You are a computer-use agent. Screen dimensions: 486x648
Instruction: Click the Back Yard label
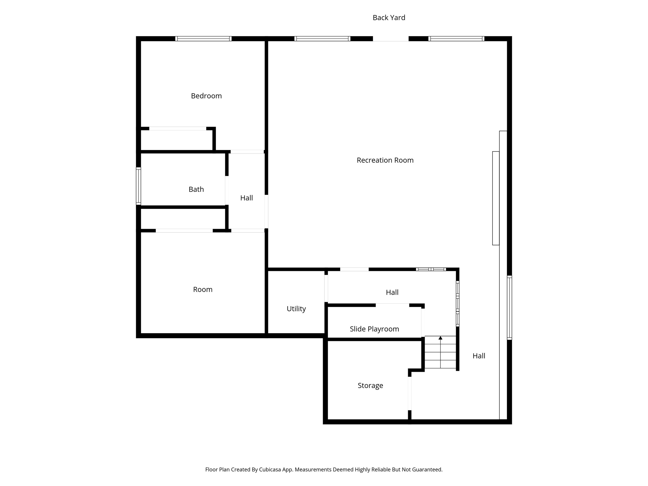(x=389, y=18)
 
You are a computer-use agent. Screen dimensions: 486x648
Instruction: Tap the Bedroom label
(x=206, y=96)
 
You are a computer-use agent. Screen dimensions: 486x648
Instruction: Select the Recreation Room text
(x=385, y=160)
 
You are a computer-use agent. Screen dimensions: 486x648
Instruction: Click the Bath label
(x=196, y=189)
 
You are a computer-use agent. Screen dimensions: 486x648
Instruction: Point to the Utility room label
(x=296, y=309)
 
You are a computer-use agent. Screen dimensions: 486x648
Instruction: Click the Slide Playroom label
(x=374, y=329)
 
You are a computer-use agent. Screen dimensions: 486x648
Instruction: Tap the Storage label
(x=370, y=385)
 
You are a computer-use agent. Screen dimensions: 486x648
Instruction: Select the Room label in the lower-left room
(x=202, y=290)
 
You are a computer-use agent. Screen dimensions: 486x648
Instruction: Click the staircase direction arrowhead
(x=440, y=338)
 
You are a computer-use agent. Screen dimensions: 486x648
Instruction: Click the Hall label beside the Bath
(x=246, y=198)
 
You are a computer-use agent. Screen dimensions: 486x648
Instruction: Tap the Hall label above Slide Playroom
(x=392, y=292)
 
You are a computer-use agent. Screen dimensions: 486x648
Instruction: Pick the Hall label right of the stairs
(x=479, y=356)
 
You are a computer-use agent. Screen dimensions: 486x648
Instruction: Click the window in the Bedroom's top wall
(x=203, y=39)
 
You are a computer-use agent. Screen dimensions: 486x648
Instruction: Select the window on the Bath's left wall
(x=138, y=186)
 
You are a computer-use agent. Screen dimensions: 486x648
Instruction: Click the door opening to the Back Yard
(x=390, y=39)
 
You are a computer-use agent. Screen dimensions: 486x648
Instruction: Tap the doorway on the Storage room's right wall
(x=409, y=393)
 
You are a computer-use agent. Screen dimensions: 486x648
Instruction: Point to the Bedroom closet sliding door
(x=178, y=128)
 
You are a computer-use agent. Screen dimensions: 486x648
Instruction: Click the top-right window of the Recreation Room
(x=456, y=39)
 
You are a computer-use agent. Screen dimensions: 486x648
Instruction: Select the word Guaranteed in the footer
(x=426, y=470)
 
